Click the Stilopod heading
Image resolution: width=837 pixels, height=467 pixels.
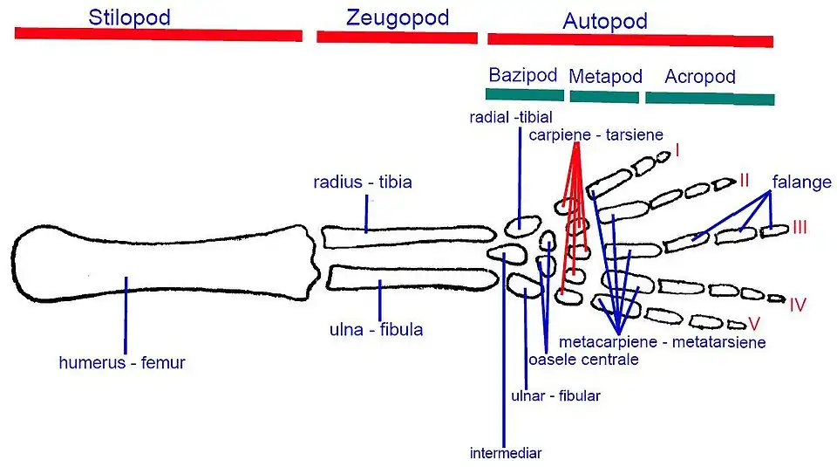point(129,17)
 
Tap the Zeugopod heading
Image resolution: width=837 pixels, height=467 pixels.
point(398,17)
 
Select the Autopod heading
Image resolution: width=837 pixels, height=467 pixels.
point(605,21)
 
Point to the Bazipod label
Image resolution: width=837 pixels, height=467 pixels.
point(523,75)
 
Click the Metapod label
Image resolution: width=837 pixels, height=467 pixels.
point(605,77)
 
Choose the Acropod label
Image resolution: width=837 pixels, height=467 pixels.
point(699,77)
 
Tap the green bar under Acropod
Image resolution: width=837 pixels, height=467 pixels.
point(709,98)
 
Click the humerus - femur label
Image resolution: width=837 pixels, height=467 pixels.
point(122,362)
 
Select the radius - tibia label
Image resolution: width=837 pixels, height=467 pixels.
point(363,182)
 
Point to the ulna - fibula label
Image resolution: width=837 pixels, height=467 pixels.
point(377,330)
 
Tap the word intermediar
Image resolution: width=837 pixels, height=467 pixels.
point(505,454)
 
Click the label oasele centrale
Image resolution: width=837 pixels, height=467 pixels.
point(583,360)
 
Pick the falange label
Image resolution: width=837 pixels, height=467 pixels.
point(801,182)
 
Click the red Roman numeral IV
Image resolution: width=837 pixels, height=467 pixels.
point(798,306)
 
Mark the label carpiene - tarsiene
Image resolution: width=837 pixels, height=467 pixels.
point(596,134)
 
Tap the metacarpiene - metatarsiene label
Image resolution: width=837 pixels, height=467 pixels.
point(663,342)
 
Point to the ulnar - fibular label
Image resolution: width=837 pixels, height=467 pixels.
point(555,395)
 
